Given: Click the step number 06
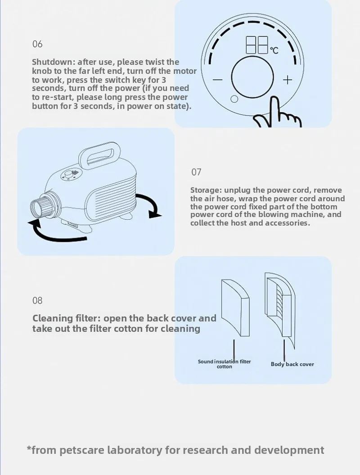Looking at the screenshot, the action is (37, 44).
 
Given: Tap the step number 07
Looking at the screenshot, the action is (196, 172).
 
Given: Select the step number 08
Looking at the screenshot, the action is (37, 300).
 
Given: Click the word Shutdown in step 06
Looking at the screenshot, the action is (53, 62).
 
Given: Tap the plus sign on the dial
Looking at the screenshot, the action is (288, 80).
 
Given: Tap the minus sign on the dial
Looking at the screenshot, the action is (217, 80).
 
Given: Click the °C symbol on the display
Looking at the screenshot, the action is (274, 50).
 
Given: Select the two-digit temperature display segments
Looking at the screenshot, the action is (257, 45).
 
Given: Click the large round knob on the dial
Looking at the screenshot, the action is (252, 77).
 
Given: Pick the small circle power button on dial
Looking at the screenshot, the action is (234, 99).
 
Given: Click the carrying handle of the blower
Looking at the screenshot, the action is (99, 154).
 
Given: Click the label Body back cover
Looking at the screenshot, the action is (292, 364).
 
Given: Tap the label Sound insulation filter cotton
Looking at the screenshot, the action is (225, 364).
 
